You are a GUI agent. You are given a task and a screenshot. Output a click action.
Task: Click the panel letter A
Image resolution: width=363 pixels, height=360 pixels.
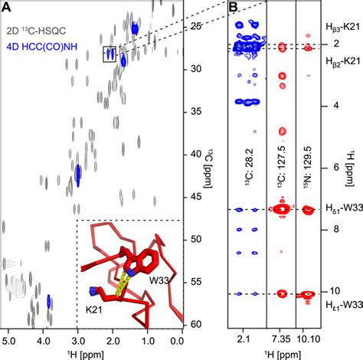click(x=7, y=8)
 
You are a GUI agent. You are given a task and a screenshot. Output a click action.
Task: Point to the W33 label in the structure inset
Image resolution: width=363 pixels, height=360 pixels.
click(x=159, y=281)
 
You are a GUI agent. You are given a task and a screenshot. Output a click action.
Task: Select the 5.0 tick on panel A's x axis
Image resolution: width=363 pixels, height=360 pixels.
click(x=10, y=338)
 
